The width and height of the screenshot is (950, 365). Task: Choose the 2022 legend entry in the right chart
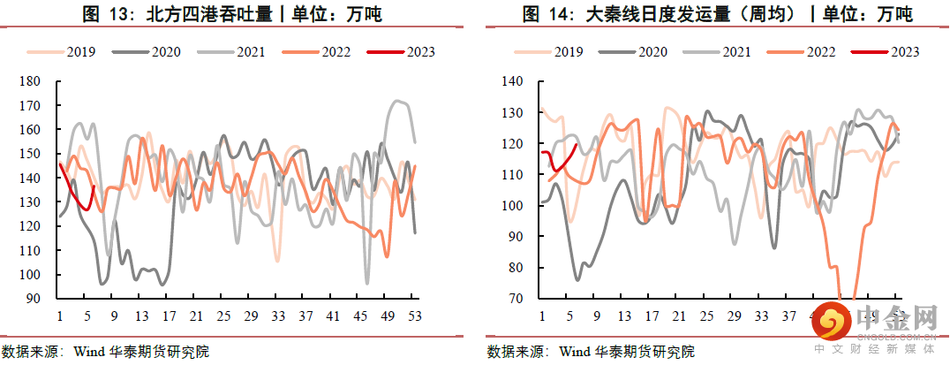click(819, 51)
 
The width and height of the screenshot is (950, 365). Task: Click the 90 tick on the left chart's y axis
click(34, 299)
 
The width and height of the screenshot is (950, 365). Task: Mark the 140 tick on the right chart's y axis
click(513, 81)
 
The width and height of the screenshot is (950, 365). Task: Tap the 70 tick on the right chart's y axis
click(516, 299)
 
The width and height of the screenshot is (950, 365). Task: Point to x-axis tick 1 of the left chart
click(59, 316)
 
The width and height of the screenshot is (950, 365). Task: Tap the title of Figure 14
click(716, 14)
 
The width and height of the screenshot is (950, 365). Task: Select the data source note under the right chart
click(591, 351)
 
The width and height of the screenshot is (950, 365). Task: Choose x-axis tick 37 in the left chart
click(305, 316)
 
